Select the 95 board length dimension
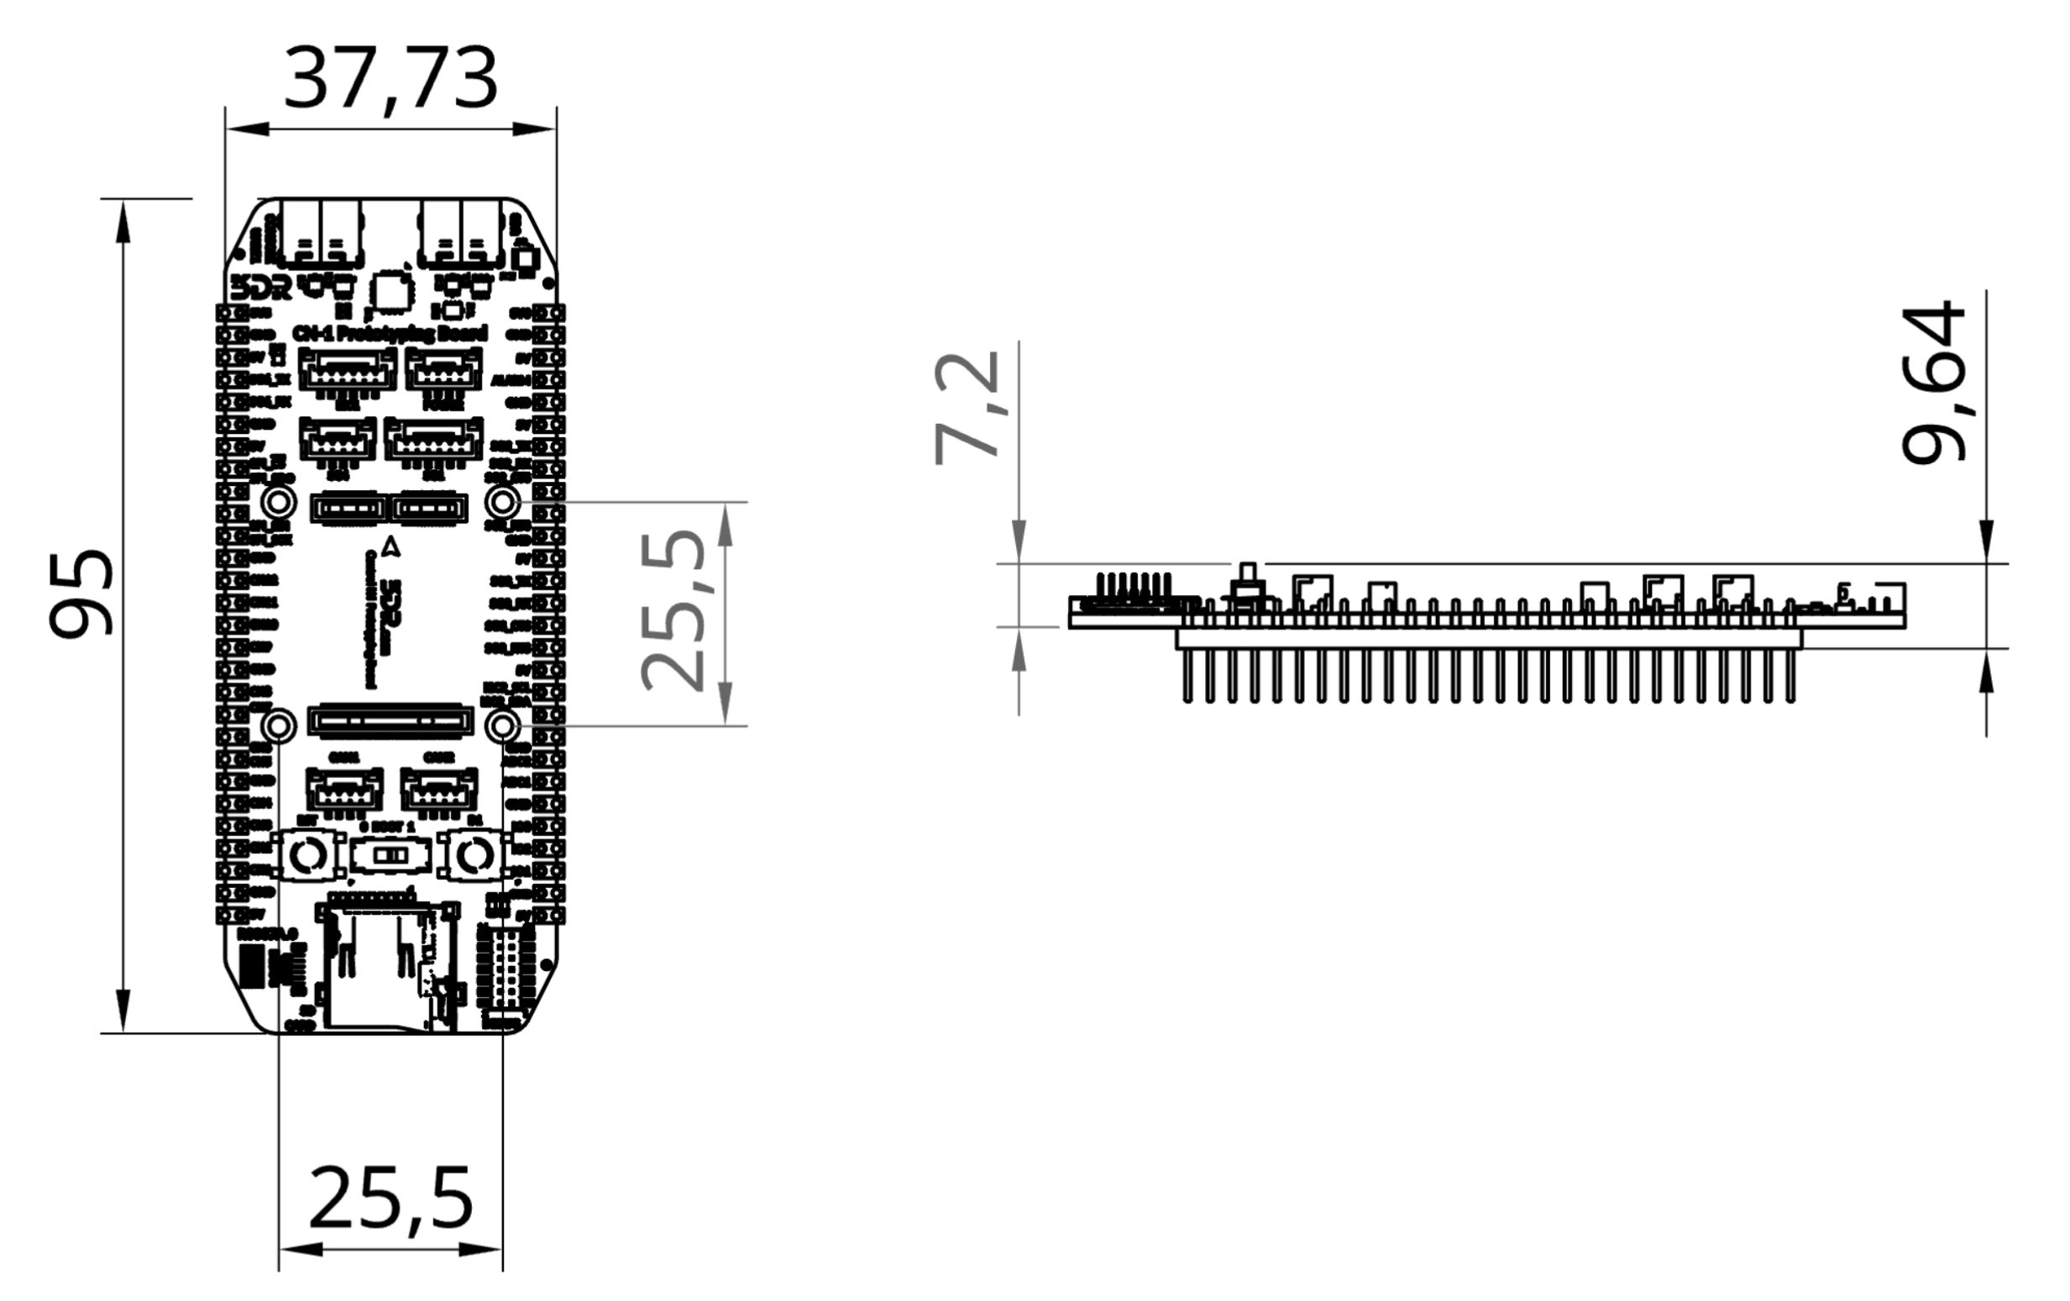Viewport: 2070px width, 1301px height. [x=81, y=593]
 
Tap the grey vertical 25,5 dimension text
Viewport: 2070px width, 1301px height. [x=675, y=612]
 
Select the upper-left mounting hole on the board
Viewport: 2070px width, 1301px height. [x=279, y=501]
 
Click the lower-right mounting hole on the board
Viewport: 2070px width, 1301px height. [x=502, y=727]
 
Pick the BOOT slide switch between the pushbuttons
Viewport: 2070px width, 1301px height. [x=391, y=856]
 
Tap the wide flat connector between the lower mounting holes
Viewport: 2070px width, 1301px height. [x=391, y=721]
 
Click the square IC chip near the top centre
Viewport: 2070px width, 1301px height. [x=392, y=290]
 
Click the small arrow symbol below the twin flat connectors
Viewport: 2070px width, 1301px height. [x=391, y=545]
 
